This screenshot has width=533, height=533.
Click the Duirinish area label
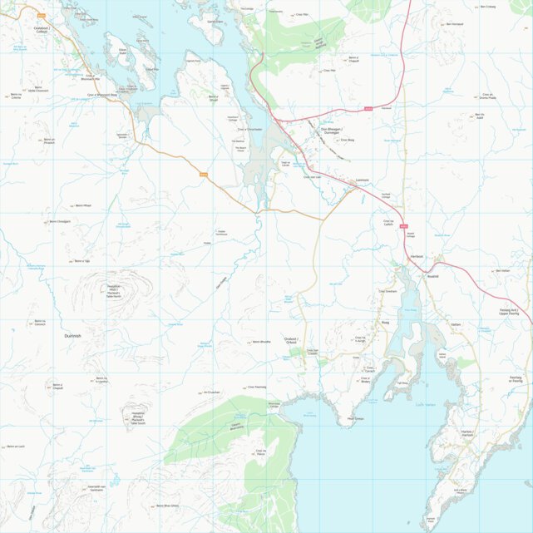coord(72,336)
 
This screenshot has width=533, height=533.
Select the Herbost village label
coord(417,257)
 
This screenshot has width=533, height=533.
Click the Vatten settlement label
coord(455,325)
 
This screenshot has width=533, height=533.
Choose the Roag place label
coord(385,323)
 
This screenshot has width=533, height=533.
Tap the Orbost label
coord(291,341)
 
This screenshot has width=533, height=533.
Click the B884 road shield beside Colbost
coord(42,16)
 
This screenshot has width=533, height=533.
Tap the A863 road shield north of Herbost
coord(403,225)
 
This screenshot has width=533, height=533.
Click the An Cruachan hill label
coord(210,392)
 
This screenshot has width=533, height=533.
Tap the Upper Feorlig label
coord(514,313)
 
